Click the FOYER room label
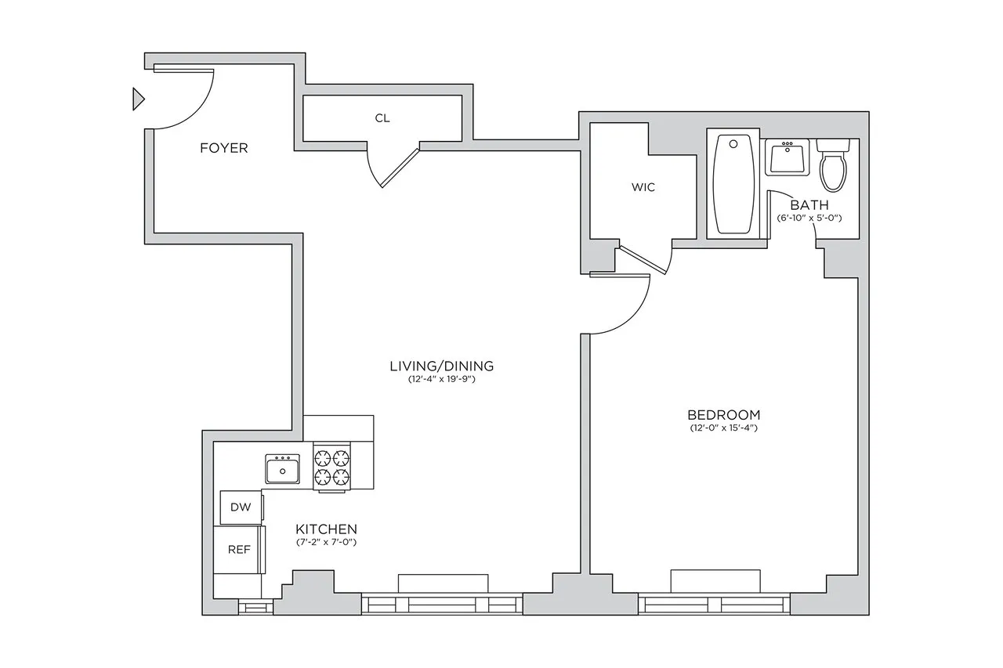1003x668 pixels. click(223, 148)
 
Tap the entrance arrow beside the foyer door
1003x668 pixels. click(139, 99)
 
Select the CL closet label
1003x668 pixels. click(382, 118)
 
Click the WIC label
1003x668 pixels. click(643, 188)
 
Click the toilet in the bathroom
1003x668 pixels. click(834, 164)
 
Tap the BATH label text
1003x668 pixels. click(809, 204)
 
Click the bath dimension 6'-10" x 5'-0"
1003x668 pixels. click(809, 218)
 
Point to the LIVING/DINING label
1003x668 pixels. click(441, 366)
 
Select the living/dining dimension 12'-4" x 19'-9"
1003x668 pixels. click(441, 380)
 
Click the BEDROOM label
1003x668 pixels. click(723, 414)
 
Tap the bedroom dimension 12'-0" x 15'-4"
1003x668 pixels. click(723, 428)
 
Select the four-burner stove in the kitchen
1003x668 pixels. click(331, 468)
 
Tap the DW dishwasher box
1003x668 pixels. click(241, 507)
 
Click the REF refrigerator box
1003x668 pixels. click(239, 549)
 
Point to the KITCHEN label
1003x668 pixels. click(327, 529)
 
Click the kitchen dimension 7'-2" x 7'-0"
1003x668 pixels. click(327, 542)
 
